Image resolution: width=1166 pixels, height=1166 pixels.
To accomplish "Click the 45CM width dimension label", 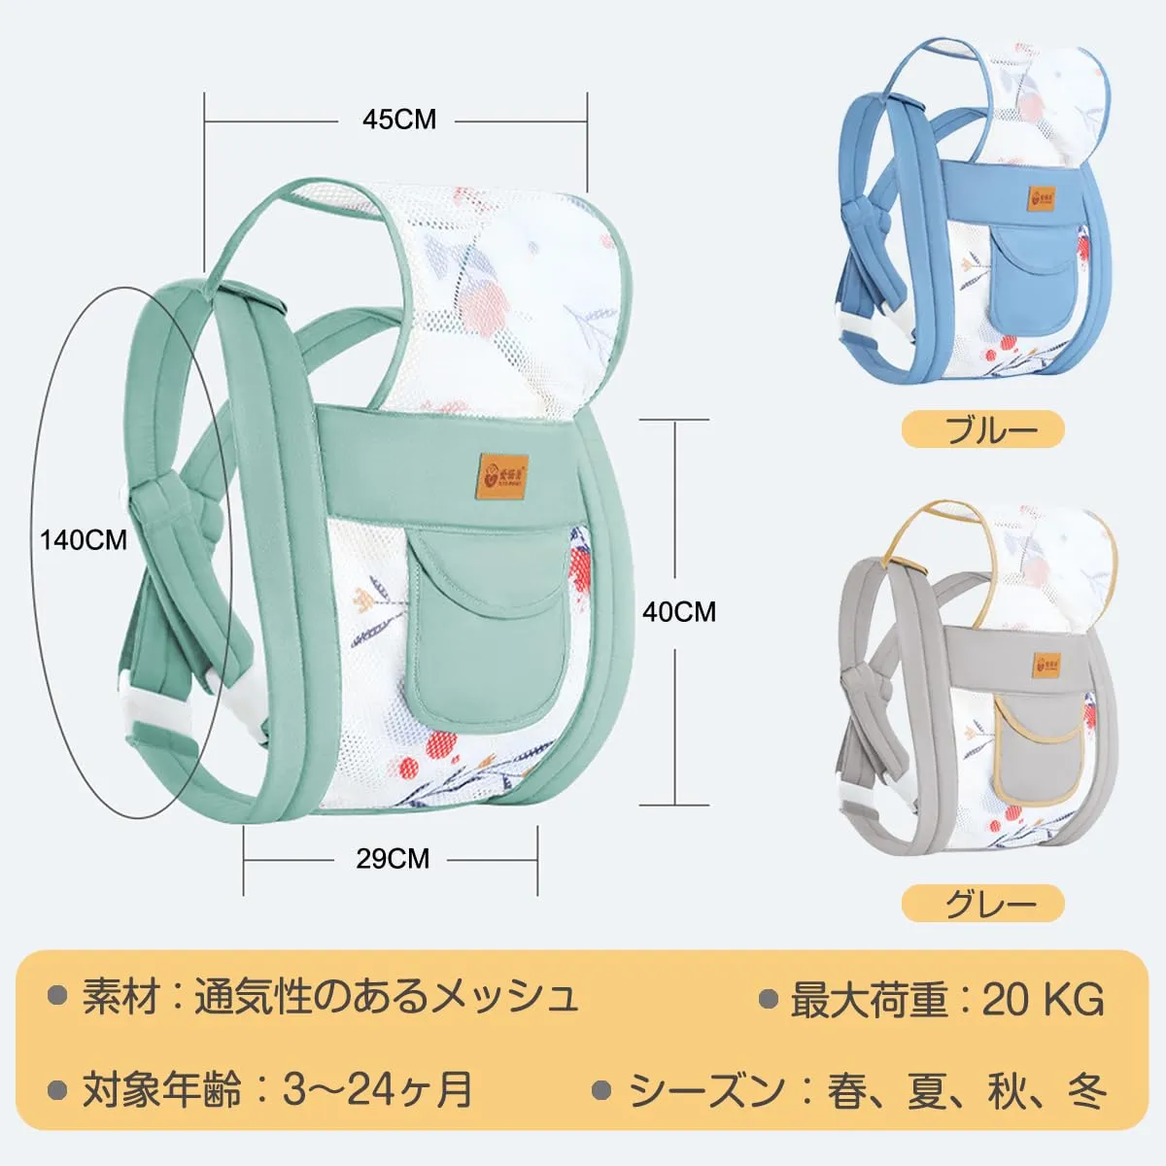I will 399,120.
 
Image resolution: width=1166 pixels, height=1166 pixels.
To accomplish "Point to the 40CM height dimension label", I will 679,611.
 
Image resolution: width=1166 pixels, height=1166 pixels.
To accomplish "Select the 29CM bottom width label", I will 393,858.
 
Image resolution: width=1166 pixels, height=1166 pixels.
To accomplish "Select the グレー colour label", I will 982,905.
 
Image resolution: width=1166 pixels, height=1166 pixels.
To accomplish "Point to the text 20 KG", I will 1044,999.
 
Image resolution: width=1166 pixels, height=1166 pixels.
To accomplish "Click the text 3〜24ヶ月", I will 378,1089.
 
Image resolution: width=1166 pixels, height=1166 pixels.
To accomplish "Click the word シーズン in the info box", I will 706,1090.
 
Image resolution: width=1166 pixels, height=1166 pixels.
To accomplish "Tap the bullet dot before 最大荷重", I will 769,999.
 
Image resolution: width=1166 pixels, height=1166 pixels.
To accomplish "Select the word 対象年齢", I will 161,1089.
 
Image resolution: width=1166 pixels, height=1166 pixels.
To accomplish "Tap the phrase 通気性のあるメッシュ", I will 386,997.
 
